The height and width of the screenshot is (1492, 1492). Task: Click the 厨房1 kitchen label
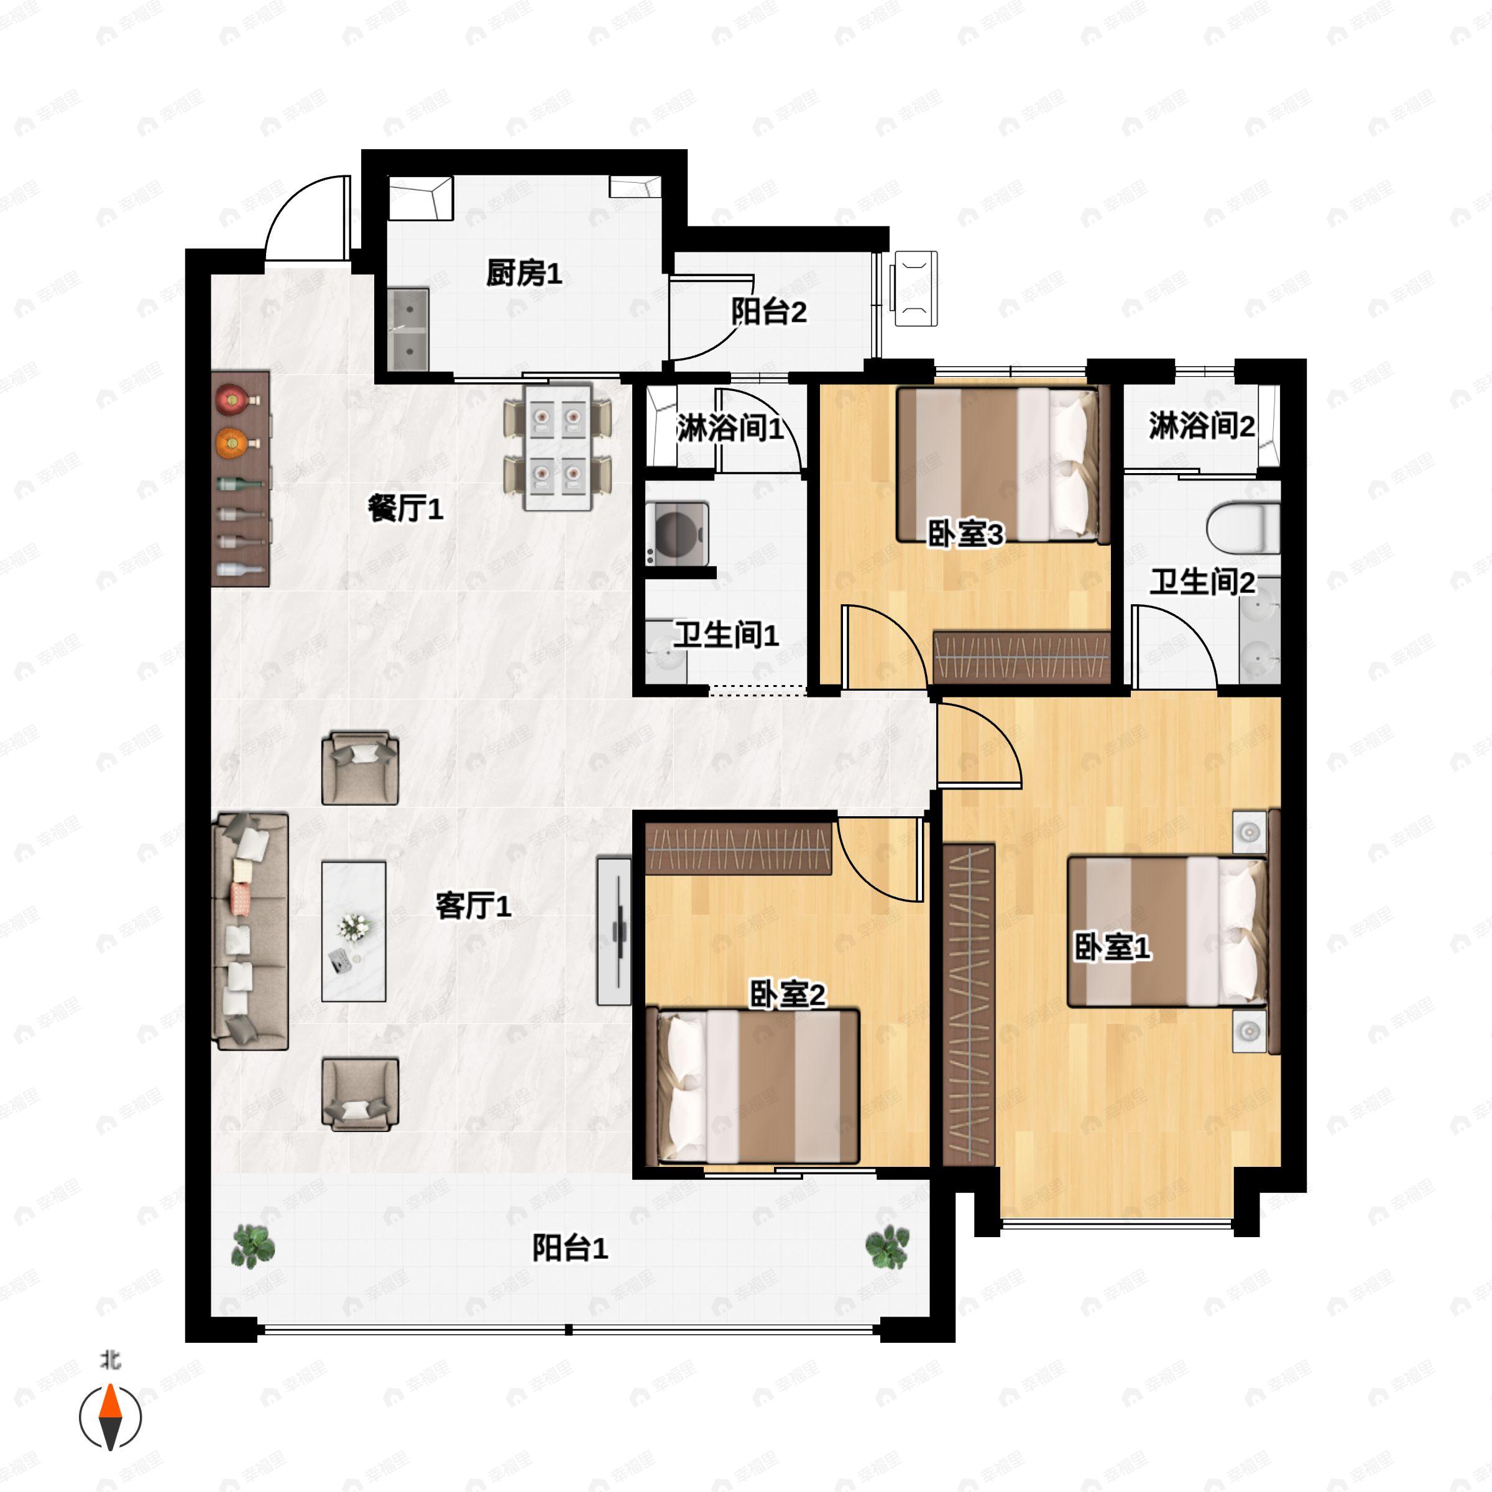coord(523,273)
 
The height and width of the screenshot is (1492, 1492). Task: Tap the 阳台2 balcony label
coord(768,312)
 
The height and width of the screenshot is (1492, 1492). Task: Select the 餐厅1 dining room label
coord(405,509)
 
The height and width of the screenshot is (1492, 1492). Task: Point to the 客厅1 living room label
coord(472,906)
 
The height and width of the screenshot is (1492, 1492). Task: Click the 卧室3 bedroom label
coord(965,533)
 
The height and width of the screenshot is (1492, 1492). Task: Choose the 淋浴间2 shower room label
coord(1202,425)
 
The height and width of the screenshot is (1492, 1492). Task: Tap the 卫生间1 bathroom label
coord(726,635)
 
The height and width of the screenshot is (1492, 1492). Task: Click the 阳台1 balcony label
coord(570,1249)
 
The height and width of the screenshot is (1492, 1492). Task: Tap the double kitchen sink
coord(408,329)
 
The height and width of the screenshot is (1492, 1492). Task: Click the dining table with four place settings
coord(558,447)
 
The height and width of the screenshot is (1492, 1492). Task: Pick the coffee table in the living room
coord(354,931)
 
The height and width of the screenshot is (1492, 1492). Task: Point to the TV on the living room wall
coord(615,931)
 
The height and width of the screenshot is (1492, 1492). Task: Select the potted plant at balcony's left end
coord(252,1246)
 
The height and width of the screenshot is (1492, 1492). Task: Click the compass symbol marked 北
coord(111,1417)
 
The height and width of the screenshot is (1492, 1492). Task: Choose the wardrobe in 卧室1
coord(969,1004)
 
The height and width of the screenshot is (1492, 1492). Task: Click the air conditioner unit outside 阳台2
coord(915,288)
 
